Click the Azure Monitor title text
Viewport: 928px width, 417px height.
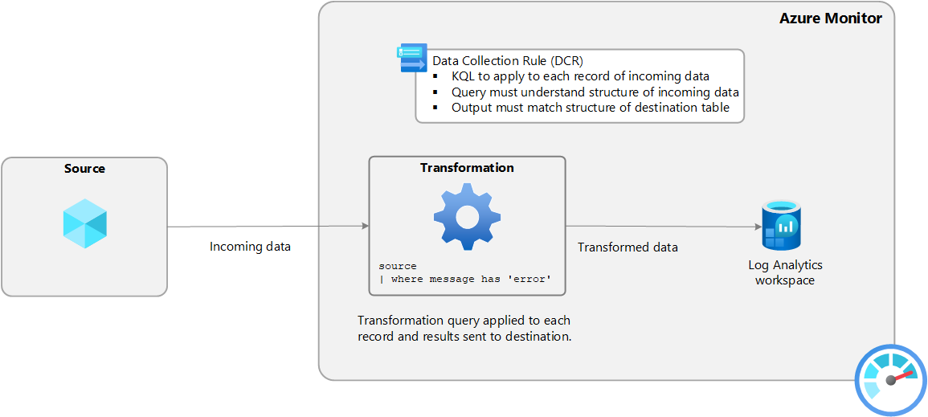830,18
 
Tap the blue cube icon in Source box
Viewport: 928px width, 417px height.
85,223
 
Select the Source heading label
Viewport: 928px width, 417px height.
84,169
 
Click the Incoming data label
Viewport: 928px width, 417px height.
250,247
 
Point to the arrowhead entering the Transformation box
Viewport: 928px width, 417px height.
364,227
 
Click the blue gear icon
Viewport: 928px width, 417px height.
467,215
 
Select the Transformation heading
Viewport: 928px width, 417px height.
467,168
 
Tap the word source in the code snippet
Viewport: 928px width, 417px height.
398,266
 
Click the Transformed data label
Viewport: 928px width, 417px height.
628,247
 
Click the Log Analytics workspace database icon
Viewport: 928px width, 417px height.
782,225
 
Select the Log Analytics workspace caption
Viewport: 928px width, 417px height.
785,272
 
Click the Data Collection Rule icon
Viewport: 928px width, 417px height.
413,58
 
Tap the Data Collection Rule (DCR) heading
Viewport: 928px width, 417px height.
508,61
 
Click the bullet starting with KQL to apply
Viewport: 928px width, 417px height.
580,76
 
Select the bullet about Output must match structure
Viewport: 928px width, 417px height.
591,107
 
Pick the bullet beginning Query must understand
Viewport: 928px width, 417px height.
595,92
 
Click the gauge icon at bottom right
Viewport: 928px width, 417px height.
890,379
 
